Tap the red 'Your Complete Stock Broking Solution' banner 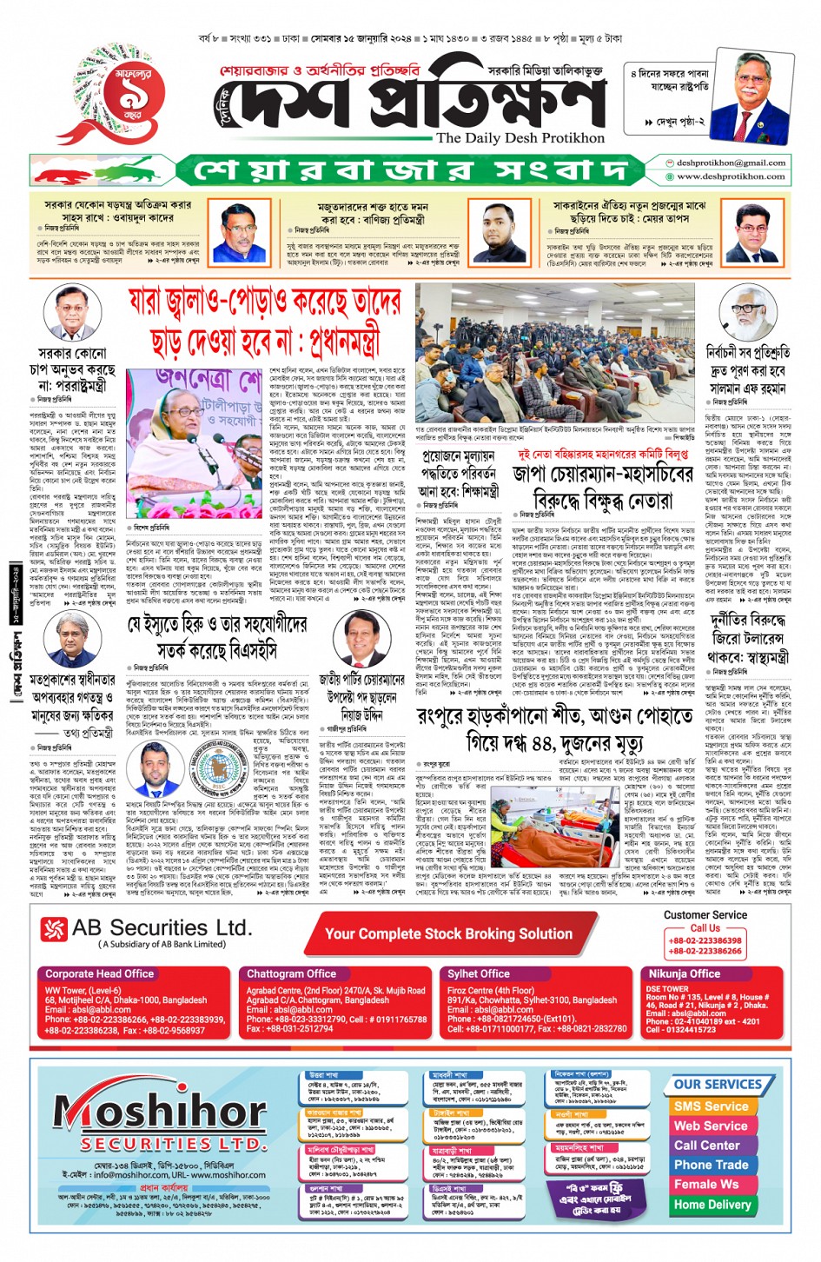click(x=448, y=933)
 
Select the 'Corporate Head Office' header click(x=100, y=973)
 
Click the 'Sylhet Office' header click(x=479, y=973)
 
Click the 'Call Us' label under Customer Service click(x=705, y=927)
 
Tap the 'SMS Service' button click(x=710, y=1106)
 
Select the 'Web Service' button click(x=710, y=1126)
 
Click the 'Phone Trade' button click(x=710, y=1164)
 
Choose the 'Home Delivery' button click(x=710, y=1204)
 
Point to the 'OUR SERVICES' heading click(x=717, y=1084)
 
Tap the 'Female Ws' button click(x=706, y=1184)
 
